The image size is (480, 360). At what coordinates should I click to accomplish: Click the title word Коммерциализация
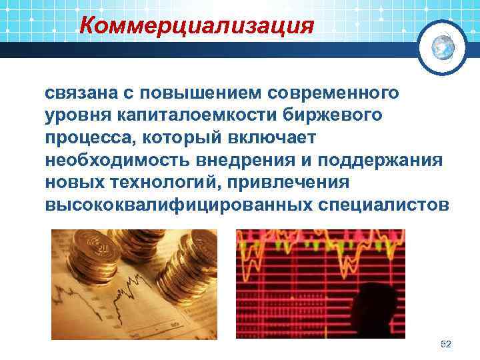pos(195,25)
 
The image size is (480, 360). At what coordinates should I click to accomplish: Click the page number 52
pos(446,343)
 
